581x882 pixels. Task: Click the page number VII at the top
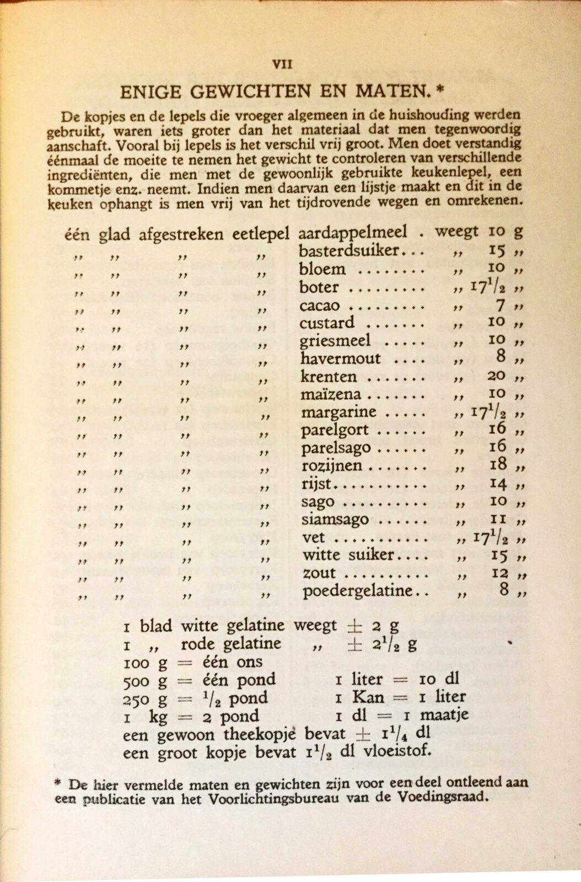click(x=282, y=64)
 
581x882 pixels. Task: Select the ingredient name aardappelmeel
click(x=353, y=233)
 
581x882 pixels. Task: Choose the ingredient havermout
click(x=341, y=359)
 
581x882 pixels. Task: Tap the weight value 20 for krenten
click(x=497, y=377)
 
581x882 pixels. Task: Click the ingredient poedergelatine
click(x=358, y=591)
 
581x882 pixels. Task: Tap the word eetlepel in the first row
click(x=261, y=234)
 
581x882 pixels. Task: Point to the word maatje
click(x=444, y=716)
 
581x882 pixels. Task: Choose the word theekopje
click(x=261, y=734)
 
